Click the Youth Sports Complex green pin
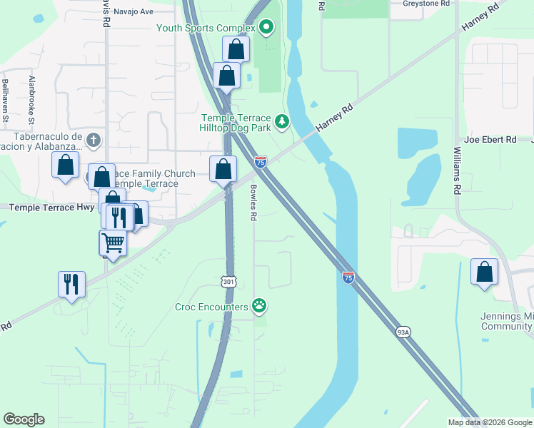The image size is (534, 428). pyautogui.click(x=266, y=28)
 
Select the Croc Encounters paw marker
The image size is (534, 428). pyautogui.click(x=260, y=307)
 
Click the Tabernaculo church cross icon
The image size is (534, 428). pyautogui.click(x=93, y=140)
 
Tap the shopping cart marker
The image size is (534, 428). pyautogui.click(x=113, y=243)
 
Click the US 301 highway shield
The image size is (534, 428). pyautogui.click(x=228, y=282)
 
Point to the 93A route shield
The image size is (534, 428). pyautogui.click(x=403, y=332)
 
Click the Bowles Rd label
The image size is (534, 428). pyautogui.click(x=253, y=203)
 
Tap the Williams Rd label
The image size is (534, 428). pyautogui.click(x=457, y=171)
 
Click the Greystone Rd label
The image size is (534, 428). pyautogui.click(x=426, y=4)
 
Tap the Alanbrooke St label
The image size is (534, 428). pyautogui.click(x=32, y=99)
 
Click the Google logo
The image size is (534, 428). pyautogui.click(x=24, y=419)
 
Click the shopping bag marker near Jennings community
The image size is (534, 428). pyautogui.click(x=485, y=272)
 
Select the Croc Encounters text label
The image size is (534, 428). pyautogui.click(x=211, y=307)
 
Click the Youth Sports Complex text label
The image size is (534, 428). pyautogui.click(x=206, y=29)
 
